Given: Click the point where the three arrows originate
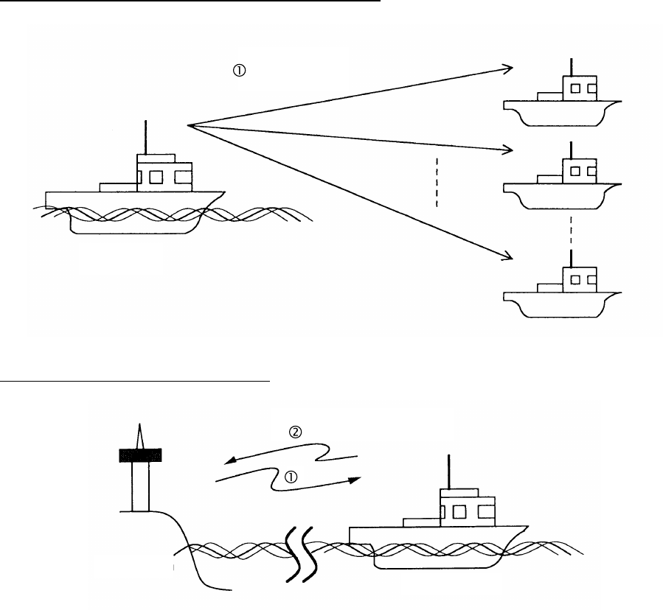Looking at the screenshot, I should pos(190,126).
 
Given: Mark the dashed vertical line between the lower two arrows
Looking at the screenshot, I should pos(437,181).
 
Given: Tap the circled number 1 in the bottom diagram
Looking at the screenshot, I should pos(291,477).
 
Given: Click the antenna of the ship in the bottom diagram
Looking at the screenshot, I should pos(448,471).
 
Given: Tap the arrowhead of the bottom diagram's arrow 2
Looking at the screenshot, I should pos(229,460).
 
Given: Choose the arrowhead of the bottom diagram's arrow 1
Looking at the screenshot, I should pos(355,479).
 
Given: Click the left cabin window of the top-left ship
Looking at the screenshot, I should pos(155,177).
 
